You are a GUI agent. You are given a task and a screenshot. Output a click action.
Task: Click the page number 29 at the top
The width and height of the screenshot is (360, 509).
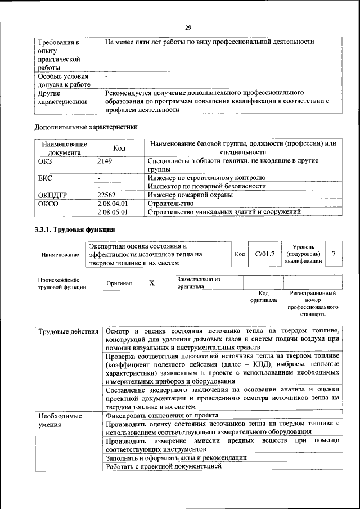(188, 28)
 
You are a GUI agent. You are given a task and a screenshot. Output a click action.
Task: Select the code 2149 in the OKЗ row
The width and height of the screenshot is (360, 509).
(105, 161)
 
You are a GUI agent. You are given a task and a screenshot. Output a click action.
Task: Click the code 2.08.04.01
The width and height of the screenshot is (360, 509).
(112, 203)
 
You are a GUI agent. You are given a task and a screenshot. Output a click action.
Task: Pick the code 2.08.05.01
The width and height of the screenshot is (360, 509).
(112, 212)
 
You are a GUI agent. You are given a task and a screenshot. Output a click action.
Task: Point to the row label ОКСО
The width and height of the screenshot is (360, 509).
(48, 203)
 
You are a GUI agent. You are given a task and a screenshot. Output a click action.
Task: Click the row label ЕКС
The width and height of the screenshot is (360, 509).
(45, 178)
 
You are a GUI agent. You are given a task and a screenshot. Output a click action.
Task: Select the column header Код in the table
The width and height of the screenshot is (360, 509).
(119, 148)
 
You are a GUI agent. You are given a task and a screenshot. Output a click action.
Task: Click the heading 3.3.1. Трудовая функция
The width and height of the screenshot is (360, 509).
(75, 230)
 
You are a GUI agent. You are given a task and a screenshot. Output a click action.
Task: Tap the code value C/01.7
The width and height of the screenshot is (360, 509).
(264, 254)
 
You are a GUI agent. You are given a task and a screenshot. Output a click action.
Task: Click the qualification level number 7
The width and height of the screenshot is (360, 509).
(334, 254)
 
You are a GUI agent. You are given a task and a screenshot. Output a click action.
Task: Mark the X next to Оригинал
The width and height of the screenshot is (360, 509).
(152, 283)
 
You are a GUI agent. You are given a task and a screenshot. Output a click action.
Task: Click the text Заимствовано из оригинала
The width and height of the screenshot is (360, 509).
(198, 282)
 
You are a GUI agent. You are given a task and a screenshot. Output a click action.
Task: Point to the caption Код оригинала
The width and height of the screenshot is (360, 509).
(263, 296)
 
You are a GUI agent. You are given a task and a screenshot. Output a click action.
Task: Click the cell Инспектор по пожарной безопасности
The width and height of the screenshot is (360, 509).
(206, 186)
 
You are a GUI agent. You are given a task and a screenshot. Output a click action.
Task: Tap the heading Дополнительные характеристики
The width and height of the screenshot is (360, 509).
(86, 127)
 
